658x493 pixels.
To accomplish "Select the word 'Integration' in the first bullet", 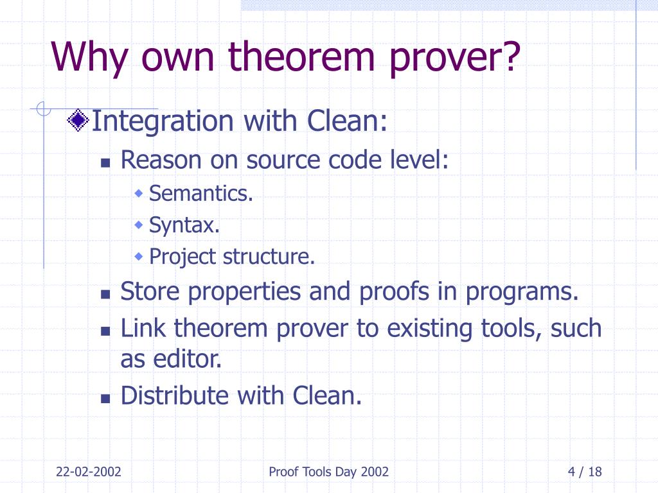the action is (x=163, y=121).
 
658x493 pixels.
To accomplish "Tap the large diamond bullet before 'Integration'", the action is (x=78, y=120).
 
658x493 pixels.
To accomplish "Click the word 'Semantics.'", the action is (x=201, y=193).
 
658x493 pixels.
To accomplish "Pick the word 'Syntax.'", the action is (x=184, y=225).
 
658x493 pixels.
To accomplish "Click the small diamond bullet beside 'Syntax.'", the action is (x=139, y=225).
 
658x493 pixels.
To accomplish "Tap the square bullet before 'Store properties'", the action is (x=105, y=294).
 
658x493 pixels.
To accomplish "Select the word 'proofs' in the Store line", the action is (x=394, y=291).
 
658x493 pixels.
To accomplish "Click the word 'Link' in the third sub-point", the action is (x=143, y=328).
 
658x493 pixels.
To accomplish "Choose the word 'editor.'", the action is (x=187, y=359).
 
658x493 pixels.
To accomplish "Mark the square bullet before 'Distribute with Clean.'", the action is (x=105, y=398).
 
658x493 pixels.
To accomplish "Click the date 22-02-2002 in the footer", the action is (x=89, y=472).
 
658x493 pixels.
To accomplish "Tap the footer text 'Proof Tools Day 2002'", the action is (x=328, y=472).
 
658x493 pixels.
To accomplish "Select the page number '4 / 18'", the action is (x=585, y=472).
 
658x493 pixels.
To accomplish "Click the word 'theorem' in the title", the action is (x=301, y=56).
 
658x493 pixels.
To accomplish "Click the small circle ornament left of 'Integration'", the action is (x=43, y=109).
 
